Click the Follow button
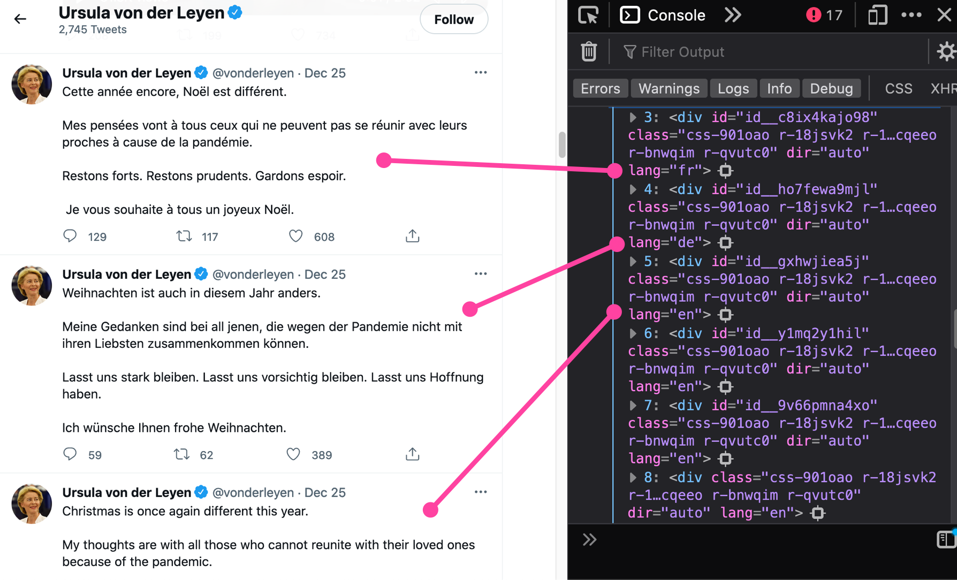pos(453,20)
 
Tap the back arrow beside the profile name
pos(20,19)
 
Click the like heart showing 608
pos(295,236)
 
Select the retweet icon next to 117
pos(184,236)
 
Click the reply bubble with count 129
pos(70,236)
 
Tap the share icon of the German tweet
pos(412,454)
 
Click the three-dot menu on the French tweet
pos(480,73)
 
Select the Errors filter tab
pos(600,89)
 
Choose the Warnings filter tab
pos(669,89)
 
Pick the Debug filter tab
pos(831,89)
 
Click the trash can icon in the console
pos(589,52)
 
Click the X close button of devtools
pos(944,15)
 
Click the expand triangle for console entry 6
pos(633,334)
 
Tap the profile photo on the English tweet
pos(32,503)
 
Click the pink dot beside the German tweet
pos(470,309)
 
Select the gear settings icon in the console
pos(946,52)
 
